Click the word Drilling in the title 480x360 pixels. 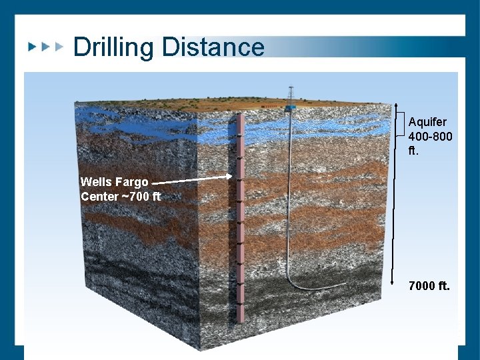pyautogui.click(x=115, y=47)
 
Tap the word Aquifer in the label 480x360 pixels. pyautogui.click(x=427, y=122)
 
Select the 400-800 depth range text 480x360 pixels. pyautogui.click(x=430, y=137)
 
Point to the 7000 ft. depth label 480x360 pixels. pyautogui.click(x=429, y=286)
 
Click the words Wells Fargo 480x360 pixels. pyautogui.click(x=114, y=182)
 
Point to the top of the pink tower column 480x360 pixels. pyautogui.click(x=239, y=118)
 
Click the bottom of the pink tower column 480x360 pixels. pyautogui.click(x=239, y=321)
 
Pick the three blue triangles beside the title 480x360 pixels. pyautogui.click(x=45, y=47)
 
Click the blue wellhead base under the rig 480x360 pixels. pyautogui.click(x=290, y=107)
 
